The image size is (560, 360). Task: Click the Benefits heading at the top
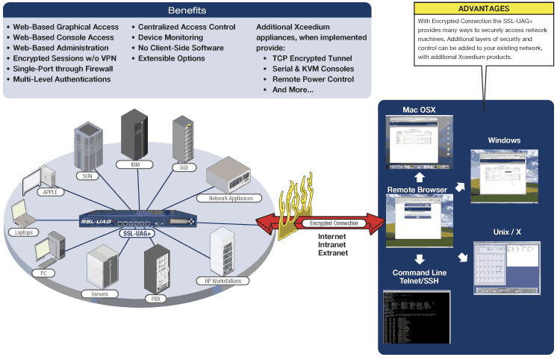pos(187,10)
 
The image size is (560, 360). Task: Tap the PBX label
pos(156,299)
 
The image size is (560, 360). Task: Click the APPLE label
pos(50,192)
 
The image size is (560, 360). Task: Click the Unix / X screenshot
pos(507,267)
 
